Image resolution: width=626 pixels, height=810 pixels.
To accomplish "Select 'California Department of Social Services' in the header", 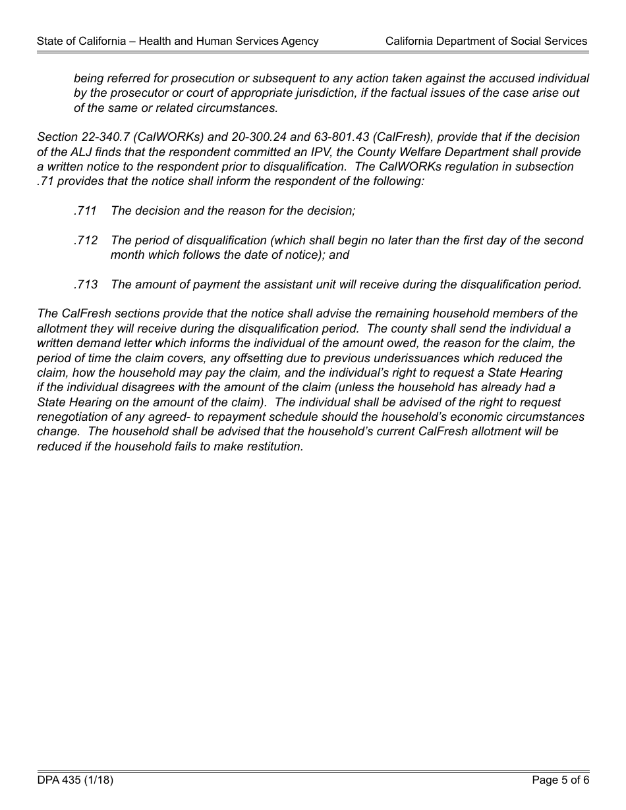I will pyautogui.click(x=486, y=41).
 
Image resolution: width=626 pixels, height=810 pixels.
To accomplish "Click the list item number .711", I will pyautogui.click(x=86, y=211).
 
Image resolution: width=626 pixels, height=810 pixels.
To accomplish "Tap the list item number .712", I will pyautogui.click(x=86, y=240).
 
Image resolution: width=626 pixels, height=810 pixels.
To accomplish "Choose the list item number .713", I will pyautogui.click(x=86, y=284).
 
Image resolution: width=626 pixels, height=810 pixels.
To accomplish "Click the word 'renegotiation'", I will pyautogui.click(x=74, y=417).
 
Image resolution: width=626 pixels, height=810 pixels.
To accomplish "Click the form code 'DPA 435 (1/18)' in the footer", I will pyautogui.click(x=75, y=780).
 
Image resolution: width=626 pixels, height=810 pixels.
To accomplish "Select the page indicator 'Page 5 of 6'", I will pyautogui.click(x=560, y=780).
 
